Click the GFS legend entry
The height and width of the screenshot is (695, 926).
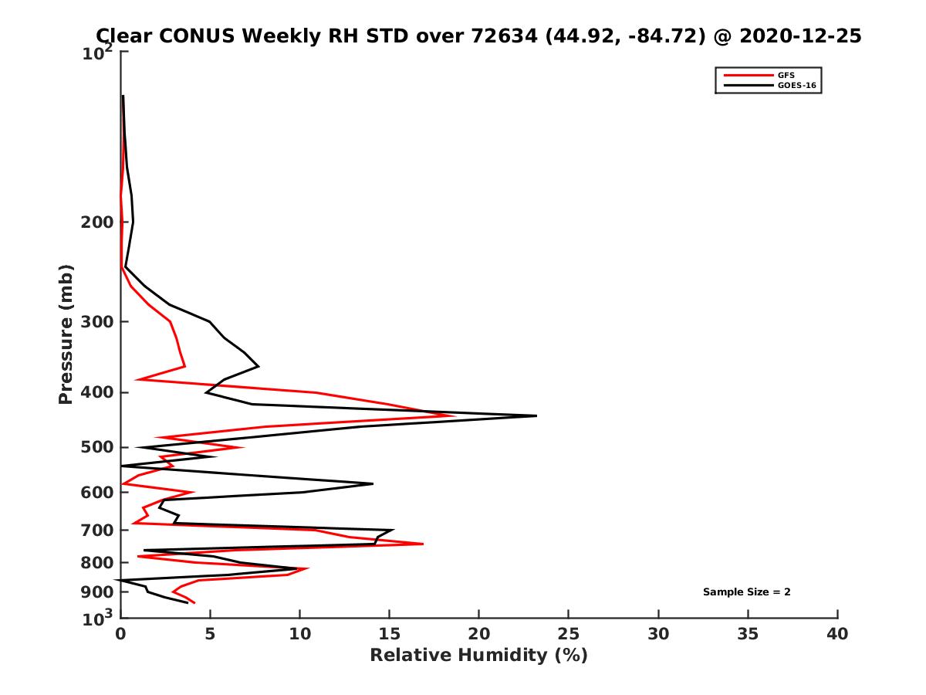[x=786, y=75]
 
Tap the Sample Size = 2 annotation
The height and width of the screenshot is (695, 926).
[x=746, y=592]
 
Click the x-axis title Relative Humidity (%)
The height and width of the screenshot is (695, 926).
[x=478, y=656]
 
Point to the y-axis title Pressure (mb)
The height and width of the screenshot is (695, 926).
[x=66, y=334]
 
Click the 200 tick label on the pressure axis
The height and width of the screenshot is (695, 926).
[x=98, y=222]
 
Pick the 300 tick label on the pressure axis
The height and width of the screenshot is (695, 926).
[x=98, y=321]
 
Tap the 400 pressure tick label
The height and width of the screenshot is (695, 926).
[x=98, y=392]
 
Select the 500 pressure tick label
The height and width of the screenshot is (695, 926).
[x=98, y=447]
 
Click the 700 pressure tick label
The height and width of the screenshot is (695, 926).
[x=98, y=530]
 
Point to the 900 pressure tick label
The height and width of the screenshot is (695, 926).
[x=98, y=592]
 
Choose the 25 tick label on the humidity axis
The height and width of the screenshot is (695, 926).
[x=569, y=635]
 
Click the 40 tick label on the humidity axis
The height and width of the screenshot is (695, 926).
[x=837, y=635]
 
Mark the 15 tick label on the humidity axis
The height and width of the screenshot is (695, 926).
[x=389, y=635]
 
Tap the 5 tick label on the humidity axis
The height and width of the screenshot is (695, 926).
[x=210, y=635]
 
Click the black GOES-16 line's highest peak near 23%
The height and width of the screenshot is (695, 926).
[x=536, y=415]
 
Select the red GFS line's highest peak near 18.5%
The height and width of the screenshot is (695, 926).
[x=454, y=416]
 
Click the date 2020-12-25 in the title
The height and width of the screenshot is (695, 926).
[x=799, y=36]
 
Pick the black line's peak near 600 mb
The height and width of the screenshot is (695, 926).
[x=373, y=484]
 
